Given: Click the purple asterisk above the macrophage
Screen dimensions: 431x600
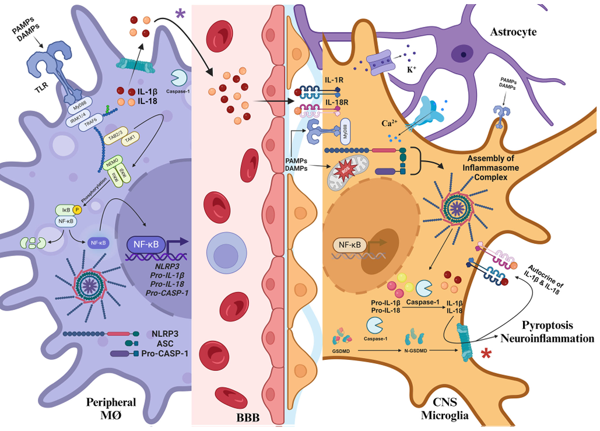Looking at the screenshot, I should [x=180, y=13].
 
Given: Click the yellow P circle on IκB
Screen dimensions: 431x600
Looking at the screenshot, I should [x=76, y=209].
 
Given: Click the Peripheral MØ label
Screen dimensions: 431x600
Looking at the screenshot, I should [x=111, y=408].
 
